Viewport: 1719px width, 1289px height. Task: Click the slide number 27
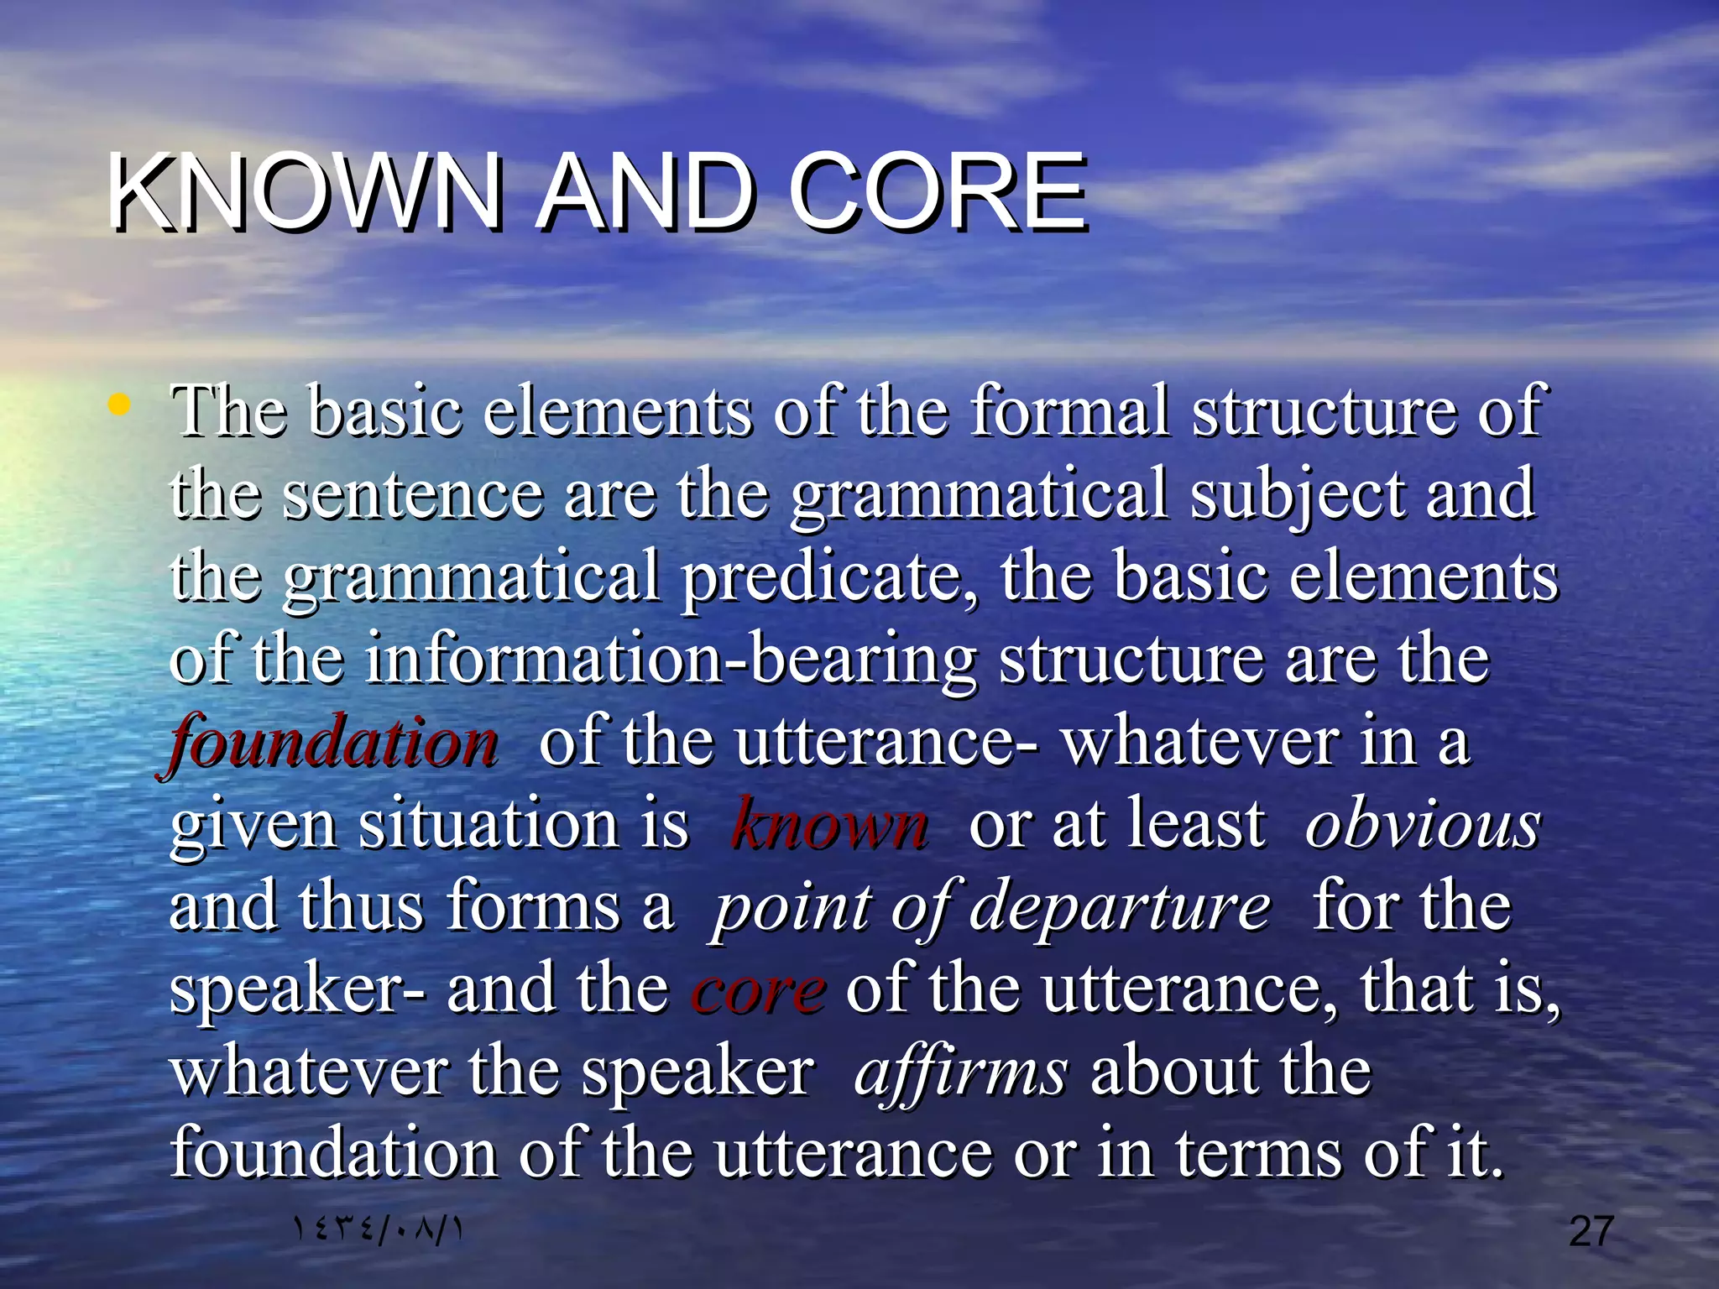[1591, 1231]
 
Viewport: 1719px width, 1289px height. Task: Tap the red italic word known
[829, 825]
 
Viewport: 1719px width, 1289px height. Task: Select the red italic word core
[759, 990]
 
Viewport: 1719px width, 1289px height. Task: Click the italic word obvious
[1422, 825]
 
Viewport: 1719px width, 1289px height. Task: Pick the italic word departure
[1120, 908]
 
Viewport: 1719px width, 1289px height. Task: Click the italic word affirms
[961, 1072]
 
